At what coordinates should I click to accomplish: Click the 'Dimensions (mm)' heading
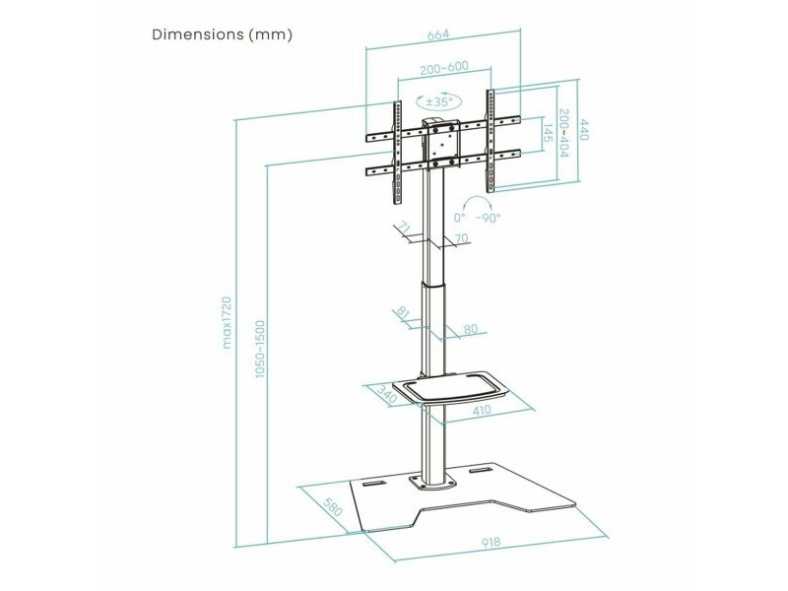222,34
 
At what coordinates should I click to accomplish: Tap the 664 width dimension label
437,35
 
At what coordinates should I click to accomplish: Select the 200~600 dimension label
444,68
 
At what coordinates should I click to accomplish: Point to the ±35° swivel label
439,101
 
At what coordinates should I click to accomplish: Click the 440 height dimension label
584,129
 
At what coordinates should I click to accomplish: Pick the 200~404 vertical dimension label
563,133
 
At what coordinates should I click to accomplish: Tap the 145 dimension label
548,133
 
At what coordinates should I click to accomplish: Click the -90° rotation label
488,218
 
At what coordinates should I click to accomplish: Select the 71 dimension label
404,228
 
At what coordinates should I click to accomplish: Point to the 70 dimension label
461,237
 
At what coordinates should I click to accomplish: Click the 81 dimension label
403,312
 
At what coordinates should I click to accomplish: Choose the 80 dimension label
471,329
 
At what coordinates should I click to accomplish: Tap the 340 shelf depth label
387,395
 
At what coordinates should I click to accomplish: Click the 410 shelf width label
482,410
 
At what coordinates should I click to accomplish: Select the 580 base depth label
333,506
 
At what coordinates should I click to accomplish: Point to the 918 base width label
491,543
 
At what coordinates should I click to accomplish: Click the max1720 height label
227,322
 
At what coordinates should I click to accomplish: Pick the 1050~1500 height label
259,349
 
